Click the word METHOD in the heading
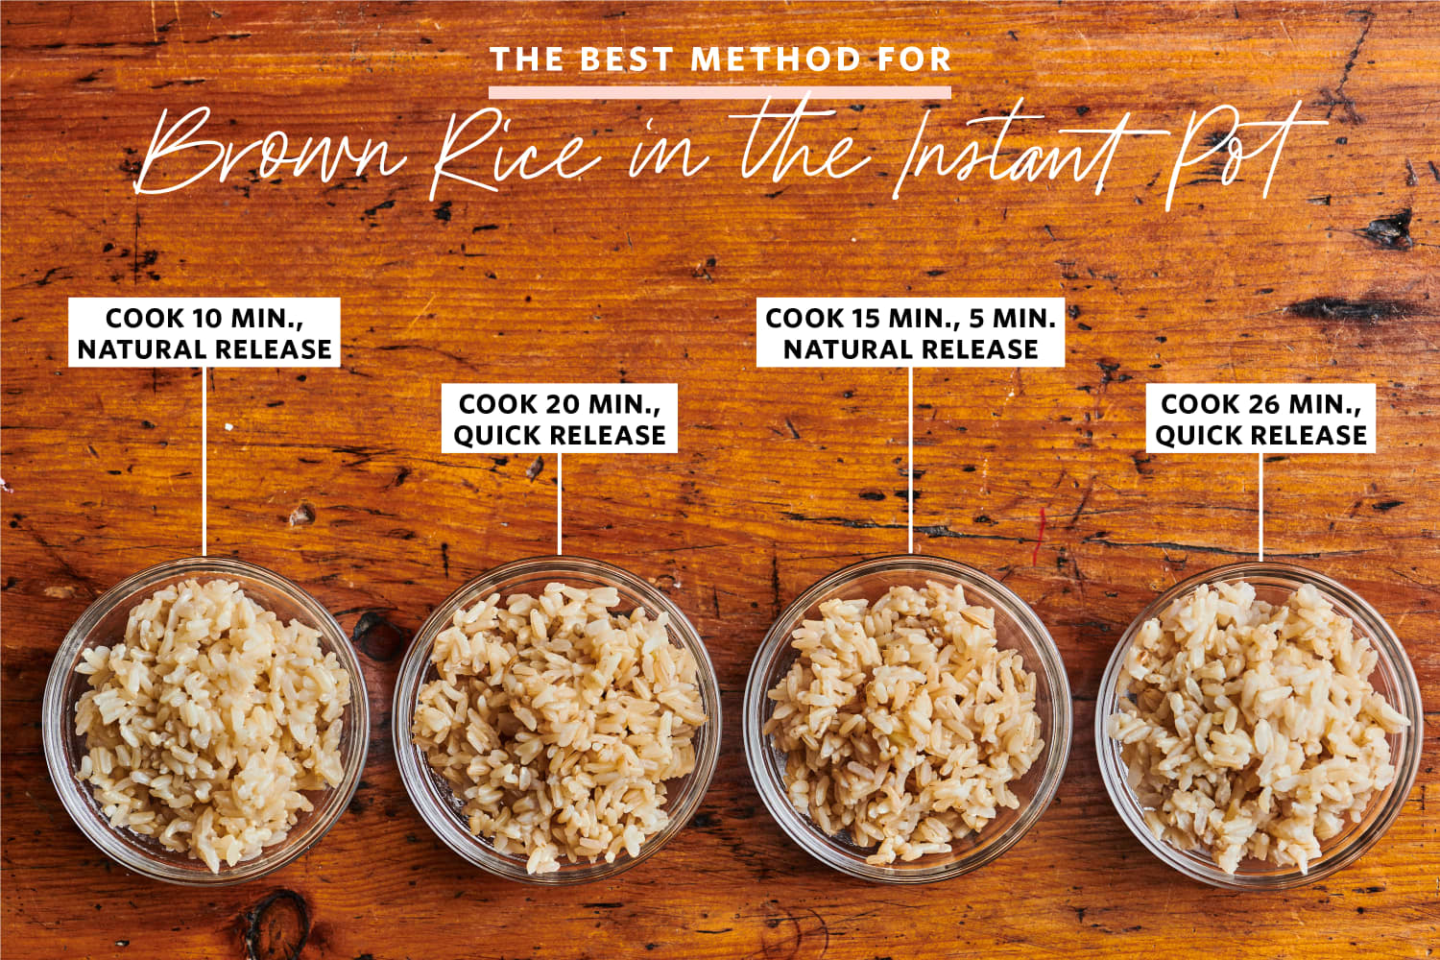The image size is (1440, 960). (x=776, y=60)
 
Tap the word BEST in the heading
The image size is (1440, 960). (x=626, y=60)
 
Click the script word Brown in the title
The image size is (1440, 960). (x=270, y=151)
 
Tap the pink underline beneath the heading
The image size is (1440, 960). (x=720, y=92)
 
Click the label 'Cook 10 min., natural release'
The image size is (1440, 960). (x=204, y=332)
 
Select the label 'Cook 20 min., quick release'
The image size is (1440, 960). (x=560, y=419)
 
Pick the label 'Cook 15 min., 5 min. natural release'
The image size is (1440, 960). (x=910, y=332)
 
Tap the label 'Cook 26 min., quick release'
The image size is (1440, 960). (x=1260, y=419)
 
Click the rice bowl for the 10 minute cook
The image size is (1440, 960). (x=205, y=720)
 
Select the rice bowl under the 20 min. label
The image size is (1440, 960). (x=557, y=720)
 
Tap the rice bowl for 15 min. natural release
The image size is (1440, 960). (x=908, y=719)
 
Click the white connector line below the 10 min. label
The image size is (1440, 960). (x=204, y=462)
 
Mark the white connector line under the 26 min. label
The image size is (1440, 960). (x=1260, y=507)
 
